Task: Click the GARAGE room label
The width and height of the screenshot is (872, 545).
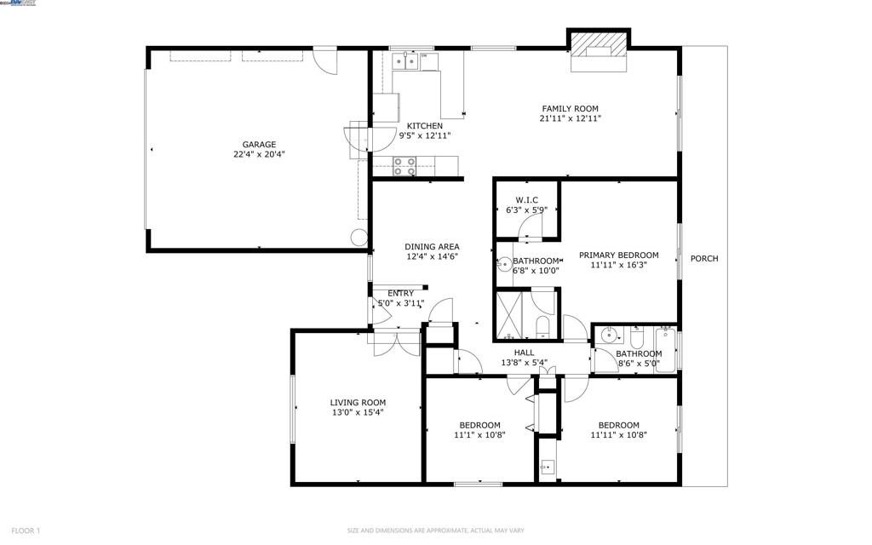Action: pos(259,145)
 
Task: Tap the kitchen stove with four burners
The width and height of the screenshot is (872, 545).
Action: pos(404,166)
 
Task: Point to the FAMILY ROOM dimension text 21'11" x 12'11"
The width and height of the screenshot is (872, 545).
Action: pos(571,119)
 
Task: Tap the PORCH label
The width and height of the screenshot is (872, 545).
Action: pos(703,259)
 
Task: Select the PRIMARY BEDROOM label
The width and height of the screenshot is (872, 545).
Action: pos(619,255)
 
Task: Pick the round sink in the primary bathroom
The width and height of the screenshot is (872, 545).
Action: pos(503,265)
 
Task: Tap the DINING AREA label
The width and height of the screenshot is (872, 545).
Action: pos(432,247)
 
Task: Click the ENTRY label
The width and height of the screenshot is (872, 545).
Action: pos(400,293)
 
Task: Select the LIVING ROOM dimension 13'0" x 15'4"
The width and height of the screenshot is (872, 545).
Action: pos(358,413)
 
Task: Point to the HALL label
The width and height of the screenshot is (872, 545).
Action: pos(524,353)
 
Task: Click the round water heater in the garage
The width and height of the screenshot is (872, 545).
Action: pos(359,239)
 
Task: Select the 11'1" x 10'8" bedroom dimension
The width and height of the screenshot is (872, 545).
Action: pos(479,434)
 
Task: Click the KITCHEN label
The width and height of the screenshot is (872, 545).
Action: pos(424,126)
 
